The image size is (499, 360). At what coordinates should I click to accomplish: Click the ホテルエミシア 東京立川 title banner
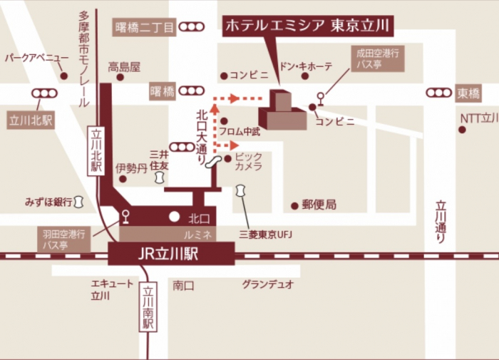307,26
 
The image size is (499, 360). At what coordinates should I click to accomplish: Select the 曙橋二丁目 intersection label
145,28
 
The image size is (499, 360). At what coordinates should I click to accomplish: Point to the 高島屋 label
124,68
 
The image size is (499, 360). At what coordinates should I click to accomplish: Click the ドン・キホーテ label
305,66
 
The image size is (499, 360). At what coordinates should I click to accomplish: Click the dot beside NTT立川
461,130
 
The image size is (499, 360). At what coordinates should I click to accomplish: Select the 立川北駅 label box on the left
31,120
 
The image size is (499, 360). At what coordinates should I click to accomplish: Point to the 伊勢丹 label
132,168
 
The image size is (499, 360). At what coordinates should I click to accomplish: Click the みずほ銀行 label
48,202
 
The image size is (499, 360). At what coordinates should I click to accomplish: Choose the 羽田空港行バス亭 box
63,239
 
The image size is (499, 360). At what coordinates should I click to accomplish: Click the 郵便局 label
318,205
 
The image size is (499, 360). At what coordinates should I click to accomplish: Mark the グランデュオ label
267,284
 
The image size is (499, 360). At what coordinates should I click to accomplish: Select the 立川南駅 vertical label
148,307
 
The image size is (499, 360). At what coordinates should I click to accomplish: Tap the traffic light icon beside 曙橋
192,91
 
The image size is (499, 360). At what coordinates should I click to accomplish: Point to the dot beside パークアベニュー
63,76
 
